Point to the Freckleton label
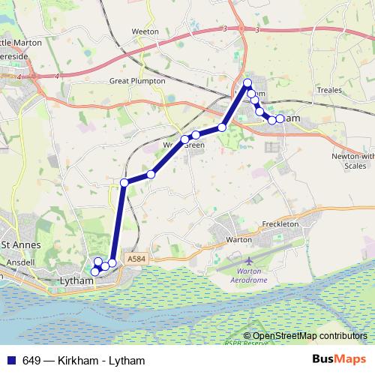click(x=281, y=224)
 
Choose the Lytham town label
click(x=75, y=280)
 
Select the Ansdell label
click(x=16, y=264)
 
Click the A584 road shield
click(x=136, y=259)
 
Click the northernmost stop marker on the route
click(x=247, y=82)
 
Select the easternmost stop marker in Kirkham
click(x=280, y=118)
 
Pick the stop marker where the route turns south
click(x=124, y=181)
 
